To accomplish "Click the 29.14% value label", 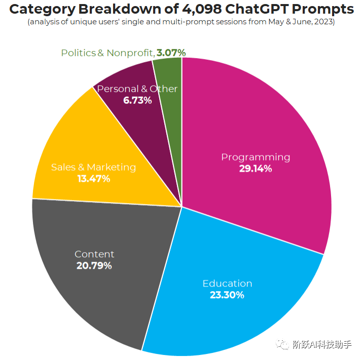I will (256, 169).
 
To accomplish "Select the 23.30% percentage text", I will (227, 295).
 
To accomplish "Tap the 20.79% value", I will (94, 265).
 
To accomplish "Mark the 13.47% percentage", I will (93, 178).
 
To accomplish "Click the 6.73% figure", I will (137, 100).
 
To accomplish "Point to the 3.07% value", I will (171, 52).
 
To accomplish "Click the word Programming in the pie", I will (256, 157).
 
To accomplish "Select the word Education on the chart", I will (227, 283).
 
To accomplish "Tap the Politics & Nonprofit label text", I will (107, 53).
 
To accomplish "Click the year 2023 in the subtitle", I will (323, 23).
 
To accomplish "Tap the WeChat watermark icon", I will (282, 345).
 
